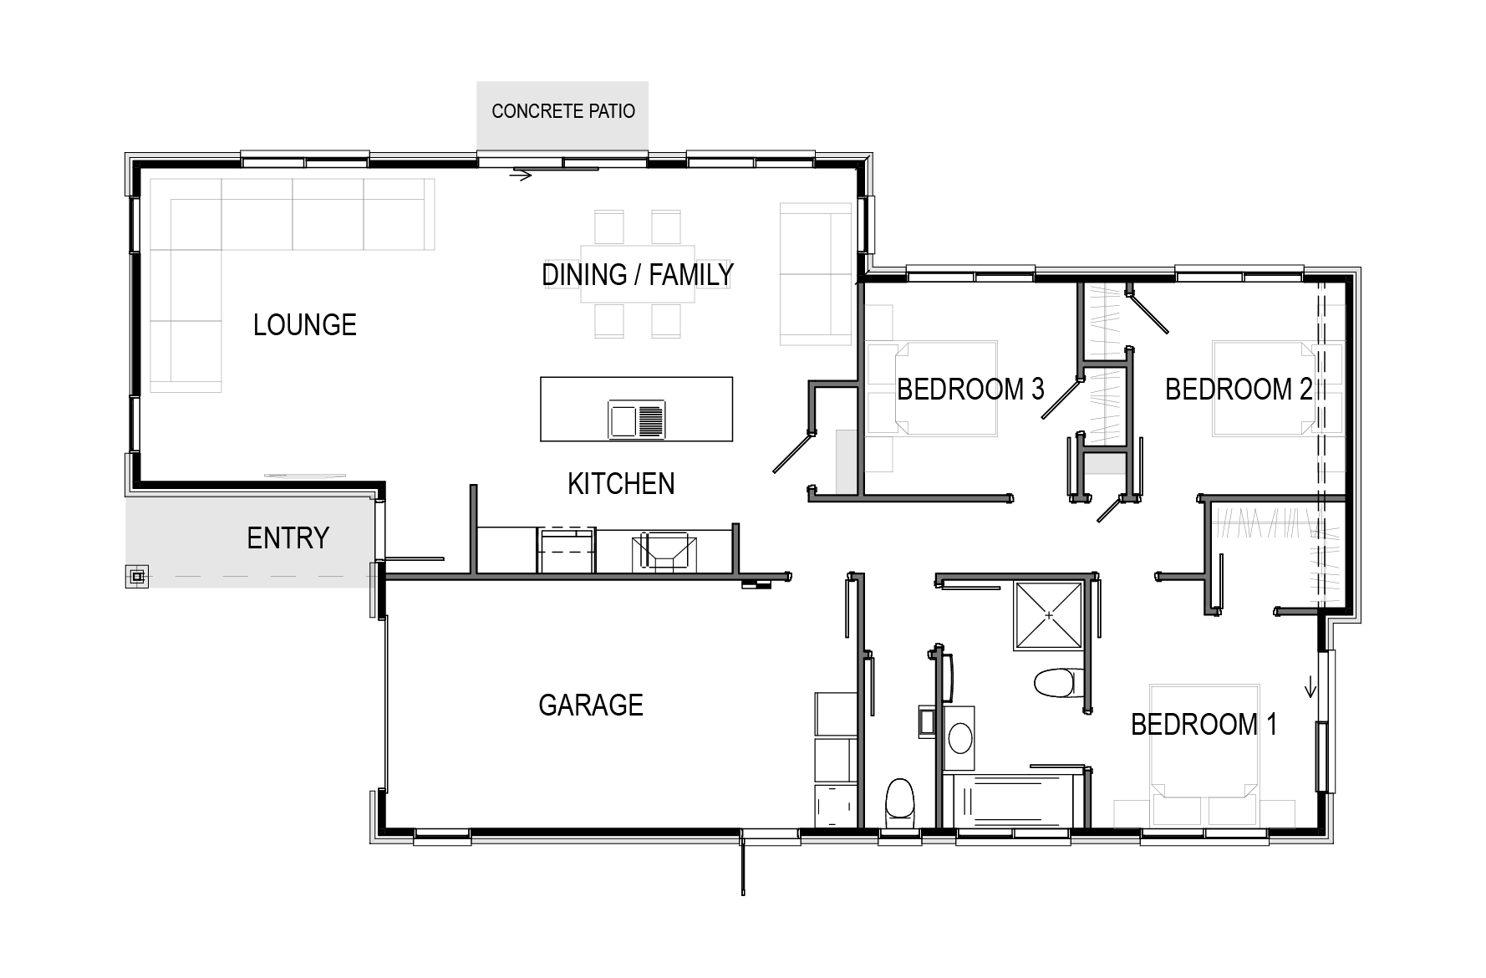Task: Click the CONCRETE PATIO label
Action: pyautogui.click(x=563, y=111)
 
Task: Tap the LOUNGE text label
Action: pyautogui.click(x=305, y=324)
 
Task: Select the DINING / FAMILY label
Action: pyautogui.click(x=638, y=274)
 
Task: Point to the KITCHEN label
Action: pyautogui.click(x=621, y=483)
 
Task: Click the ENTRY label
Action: pyautogui.click(x=288, y=537)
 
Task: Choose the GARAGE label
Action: pyautogui.click(x=591, y=705)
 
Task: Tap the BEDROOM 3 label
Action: pyautogui.click(x=970, y=389)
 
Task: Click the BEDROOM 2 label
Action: pyautogui.click(x=1239, y=389)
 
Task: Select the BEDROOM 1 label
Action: pyautogui.click(x=1204, y=724)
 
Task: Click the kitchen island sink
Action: pyautogui.click(x=637, y=420)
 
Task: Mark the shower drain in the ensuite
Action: pyautogui.click(x=1049, y=615)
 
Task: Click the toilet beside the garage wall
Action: pyautogui.click(x=900, y=799)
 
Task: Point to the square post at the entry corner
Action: pyautogui.click(x=138, y=576)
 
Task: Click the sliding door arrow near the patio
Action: pyautogui.click(x=521, y=176)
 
